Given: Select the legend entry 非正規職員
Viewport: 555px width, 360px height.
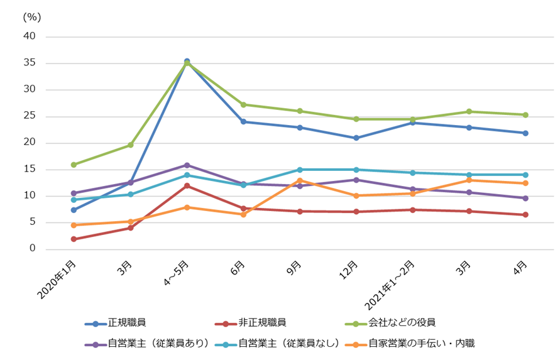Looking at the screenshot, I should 263,323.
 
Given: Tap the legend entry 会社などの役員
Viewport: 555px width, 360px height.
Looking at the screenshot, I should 402,323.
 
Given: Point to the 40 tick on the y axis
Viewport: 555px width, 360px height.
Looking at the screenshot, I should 30,36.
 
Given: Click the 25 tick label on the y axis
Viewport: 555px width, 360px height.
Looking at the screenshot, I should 30,116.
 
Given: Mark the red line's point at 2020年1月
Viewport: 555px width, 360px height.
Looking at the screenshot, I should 74,239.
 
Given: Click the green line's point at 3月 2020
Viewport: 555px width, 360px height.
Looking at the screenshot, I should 130,145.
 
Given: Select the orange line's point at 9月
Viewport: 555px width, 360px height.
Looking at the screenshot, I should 300,180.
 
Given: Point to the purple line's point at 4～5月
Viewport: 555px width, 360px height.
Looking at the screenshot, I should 187,165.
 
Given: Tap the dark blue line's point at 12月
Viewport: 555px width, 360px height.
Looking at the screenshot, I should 356,138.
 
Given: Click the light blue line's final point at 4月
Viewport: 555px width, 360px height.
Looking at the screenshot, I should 525,175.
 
